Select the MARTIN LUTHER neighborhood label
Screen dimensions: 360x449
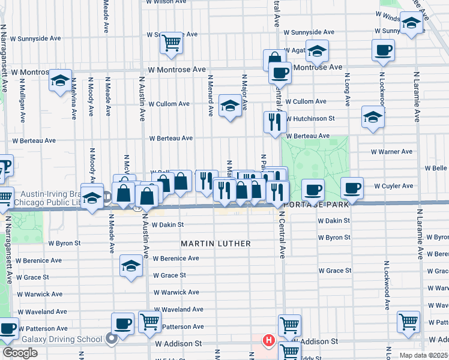click(215, 244)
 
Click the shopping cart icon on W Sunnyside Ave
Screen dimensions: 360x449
click(172, 43)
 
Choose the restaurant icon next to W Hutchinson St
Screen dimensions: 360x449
click(275, 122)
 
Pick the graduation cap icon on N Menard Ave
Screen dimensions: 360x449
click(229, 106)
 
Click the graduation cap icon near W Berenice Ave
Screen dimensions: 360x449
click(131, 266)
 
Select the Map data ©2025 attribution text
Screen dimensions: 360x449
click(424, 355)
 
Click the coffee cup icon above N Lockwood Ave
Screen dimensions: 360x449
click(383, 50)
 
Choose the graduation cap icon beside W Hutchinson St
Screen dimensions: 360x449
click(373, 117)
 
